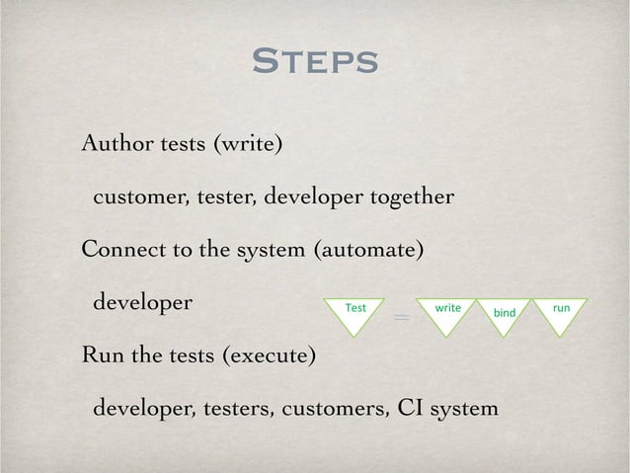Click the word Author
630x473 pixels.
coord(115,147)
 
